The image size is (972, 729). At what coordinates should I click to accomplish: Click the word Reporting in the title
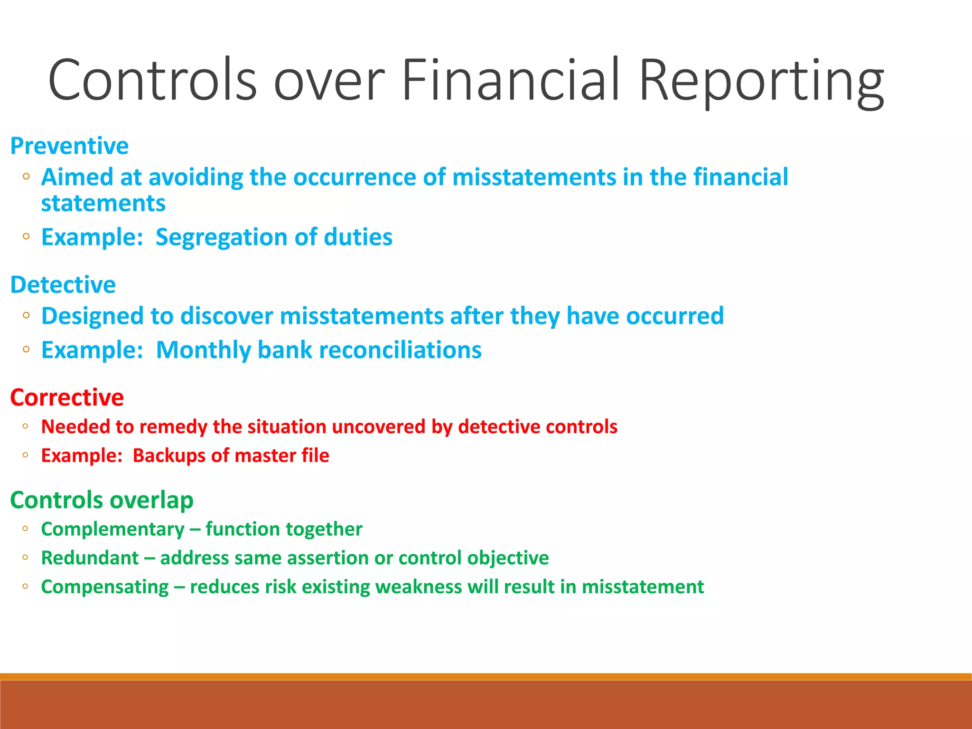(761, 81)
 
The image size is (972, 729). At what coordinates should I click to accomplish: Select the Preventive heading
(69, 146)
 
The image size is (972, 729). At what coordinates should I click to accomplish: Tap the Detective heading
(63, 285)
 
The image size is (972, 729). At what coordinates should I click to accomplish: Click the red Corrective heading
(67, 397)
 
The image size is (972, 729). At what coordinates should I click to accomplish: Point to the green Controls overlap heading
(102, 500)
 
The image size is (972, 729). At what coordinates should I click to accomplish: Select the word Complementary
(112, 529)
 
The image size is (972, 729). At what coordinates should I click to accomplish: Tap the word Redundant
(90, 558)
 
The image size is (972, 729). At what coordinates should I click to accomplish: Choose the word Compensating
(105, 587)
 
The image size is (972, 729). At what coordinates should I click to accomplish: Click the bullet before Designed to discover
(26, 315)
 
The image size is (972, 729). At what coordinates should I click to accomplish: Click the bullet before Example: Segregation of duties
(26, 236)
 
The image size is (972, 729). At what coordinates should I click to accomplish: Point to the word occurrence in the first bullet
(355, 177)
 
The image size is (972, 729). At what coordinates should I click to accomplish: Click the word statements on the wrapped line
(103, 204)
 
